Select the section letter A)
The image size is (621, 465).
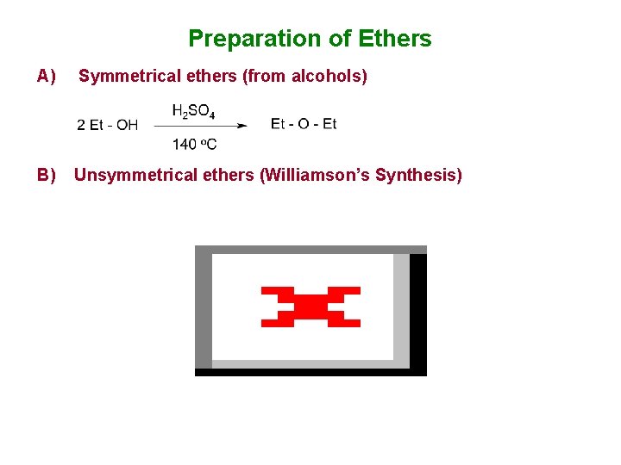pyautogui.click(x=47, y=77)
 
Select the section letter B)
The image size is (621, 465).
pyautogui.click(x=47, y=176)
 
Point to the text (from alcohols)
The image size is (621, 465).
pyautogui.click(x=305, y=77)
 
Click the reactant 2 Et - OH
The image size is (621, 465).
pyautogui.click(x=107, y=125)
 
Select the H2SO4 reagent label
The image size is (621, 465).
pyautogui.click(x=193, y=111)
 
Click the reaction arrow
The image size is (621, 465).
pyautogui.click(x=200, y=126)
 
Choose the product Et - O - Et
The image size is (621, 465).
pyautogui.click(x=304, y=124)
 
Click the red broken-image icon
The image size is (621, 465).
pyautogui.click(x=310, y=307)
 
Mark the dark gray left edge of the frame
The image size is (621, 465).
pyautogui.click(x=204, y=310)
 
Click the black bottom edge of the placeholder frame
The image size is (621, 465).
pyautogui.click(x=310, y=372)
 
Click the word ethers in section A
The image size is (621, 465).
pyautogui.click(x=211, y=77)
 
